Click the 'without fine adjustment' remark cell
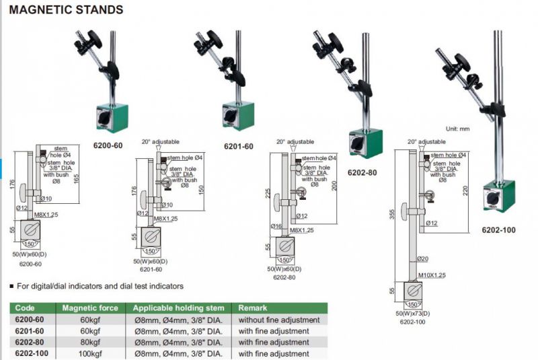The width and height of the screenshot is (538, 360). (x=276, y=320)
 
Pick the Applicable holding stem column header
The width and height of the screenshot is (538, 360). (x=179, y=308)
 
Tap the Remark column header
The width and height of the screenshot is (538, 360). (x=253, y=308)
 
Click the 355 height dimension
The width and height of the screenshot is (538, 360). (x=392, y=213)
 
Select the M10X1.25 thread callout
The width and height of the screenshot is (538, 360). (x=432, y=275)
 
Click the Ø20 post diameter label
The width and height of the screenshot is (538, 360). (x=423, y=259)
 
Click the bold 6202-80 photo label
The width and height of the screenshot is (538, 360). (x=362, y=172)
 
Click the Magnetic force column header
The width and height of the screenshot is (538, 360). (x=90, y=308)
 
